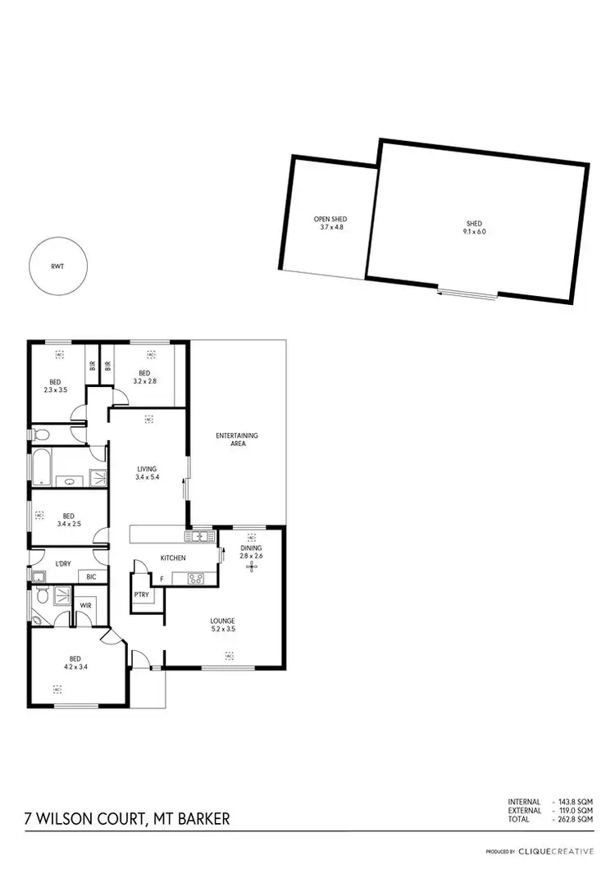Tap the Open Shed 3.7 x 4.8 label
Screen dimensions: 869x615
coord(331,223)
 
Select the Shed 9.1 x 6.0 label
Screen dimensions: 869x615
coord(474,227)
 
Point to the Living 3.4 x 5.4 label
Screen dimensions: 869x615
coord(147,473)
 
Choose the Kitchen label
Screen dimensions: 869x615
coord(173,557)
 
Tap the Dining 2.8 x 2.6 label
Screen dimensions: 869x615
coord(251,552)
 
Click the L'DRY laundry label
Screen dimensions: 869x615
coord(61,565)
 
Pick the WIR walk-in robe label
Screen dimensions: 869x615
coord(85,606)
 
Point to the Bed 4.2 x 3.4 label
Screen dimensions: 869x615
coord(73,662)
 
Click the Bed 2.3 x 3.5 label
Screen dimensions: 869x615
coord(55,386)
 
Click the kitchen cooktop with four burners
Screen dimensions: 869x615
coord(197,579)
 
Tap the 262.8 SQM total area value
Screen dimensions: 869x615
coord(575,817)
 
